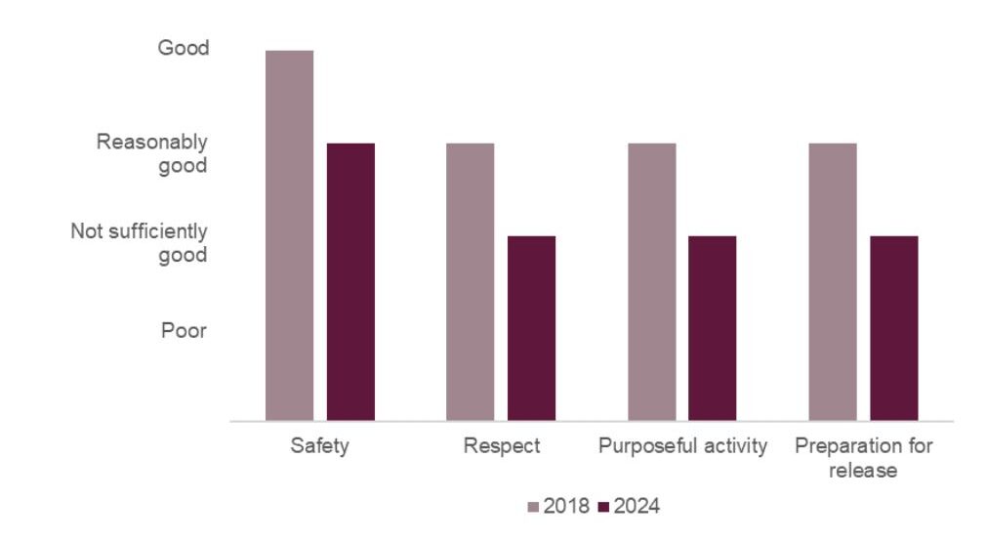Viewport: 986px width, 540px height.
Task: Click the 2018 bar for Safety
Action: [289, 235]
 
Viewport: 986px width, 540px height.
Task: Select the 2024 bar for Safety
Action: [350, 281]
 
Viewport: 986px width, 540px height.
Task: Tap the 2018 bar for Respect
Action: [471, 281]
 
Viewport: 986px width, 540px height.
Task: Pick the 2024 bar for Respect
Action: [531, 328]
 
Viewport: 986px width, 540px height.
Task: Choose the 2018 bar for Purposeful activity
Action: [651, 281]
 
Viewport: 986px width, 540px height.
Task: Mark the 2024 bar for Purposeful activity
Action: [712, 328]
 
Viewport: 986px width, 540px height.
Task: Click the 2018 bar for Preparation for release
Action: [833, 281]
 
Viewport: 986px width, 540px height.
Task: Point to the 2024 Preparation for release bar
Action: [893, 328]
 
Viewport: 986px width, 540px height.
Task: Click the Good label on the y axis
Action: [184, 48]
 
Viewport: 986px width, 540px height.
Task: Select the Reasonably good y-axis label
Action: [152, 153]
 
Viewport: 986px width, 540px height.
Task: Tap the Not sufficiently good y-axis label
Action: [140, 243]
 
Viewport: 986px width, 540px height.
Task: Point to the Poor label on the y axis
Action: [184, 330]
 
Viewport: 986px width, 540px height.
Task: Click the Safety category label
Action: [320, 446]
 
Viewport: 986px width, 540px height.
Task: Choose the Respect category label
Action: [502, 446]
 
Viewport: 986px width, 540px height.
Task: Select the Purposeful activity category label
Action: [682, 446]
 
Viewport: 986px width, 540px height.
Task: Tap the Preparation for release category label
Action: [863, 458]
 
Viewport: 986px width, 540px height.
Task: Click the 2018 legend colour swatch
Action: [533, 507]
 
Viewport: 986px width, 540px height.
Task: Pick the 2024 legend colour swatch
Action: [602, 507]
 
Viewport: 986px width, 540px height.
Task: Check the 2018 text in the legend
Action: [566, 507]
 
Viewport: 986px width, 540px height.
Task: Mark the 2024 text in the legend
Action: [637, 507]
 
